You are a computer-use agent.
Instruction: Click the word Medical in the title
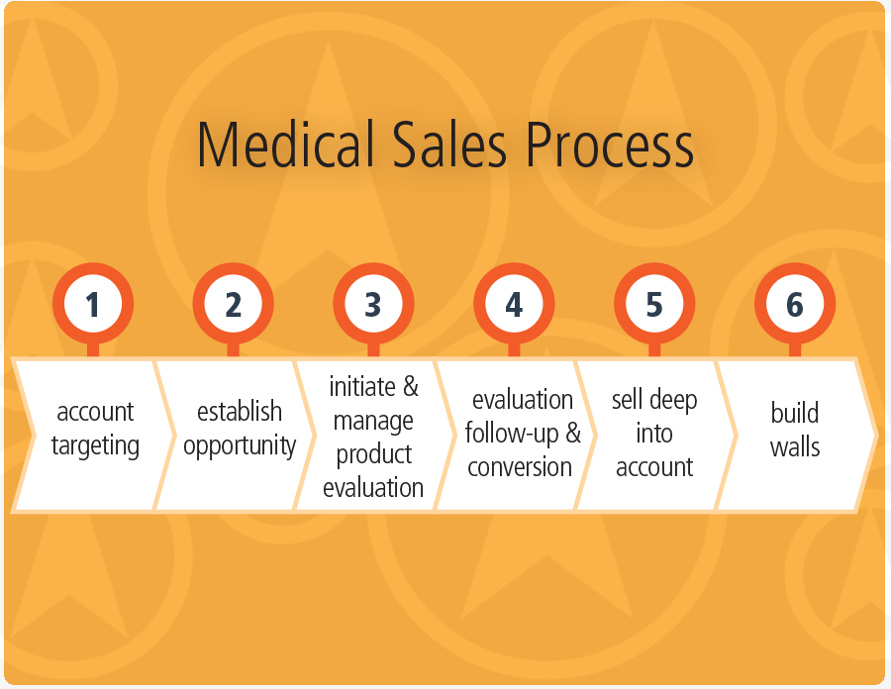(x=286, y=144)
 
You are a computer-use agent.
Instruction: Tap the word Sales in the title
(x=448, y=144)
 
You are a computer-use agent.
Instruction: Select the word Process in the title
(x=609, y=144)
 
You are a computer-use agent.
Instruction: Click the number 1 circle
(x=93, y=303)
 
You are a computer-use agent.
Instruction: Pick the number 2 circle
(x=233, y=303)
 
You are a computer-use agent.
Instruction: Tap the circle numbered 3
(x=373, y=303)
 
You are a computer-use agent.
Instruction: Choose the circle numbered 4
(x=514, y=303)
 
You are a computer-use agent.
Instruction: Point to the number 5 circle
(x=654, y=303)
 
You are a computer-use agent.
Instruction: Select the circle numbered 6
(x=794, y=303)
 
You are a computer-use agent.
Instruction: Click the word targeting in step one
(x=95, y=446)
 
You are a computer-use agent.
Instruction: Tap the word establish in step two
(x=240, y=411)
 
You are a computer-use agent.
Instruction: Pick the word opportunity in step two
(x=240, y=446)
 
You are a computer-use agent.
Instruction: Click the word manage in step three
(x=373, y=422)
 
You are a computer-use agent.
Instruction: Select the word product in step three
(x=373, y=454)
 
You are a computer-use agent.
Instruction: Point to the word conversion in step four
(x=520, y=467)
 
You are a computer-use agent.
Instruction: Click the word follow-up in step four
(x=512, y=434)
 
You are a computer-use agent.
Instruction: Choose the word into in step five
(x=654, y=434)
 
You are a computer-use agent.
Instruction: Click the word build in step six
(x=794, y=413)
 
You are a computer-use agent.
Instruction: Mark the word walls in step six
(x=795, y=446)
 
